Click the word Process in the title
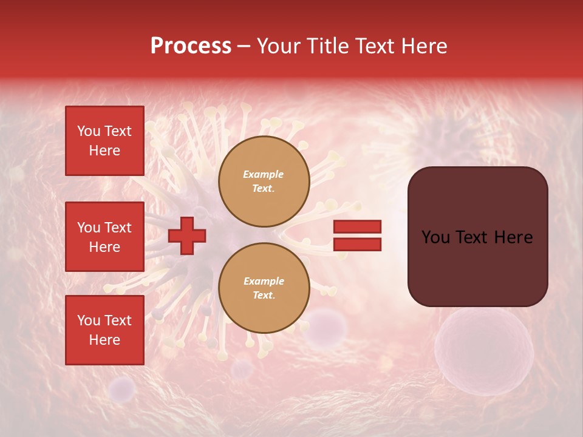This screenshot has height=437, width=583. point(191,46)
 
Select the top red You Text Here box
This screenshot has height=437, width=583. point(104,141)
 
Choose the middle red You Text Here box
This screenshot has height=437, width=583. point(104,237)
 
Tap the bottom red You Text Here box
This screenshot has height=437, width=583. point(104,330)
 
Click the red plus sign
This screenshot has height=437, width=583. point(187,235)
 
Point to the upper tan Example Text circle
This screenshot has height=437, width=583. point(264,181)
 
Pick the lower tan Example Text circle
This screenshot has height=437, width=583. point(264,288)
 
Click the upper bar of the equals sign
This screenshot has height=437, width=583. point(357,226)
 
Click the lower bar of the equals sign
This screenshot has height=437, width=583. point(357,244)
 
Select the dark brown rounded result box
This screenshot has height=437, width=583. point(477,237)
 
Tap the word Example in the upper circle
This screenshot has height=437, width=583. point(264,174)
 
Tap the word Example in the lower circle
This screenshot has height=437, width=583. point(264,281)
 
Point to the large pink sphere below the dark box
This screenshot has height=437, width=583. point(483,351)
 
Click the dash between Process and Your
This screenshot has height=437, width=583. point(244,46)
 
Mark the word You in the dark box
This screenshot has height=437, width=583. point(435,237)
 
